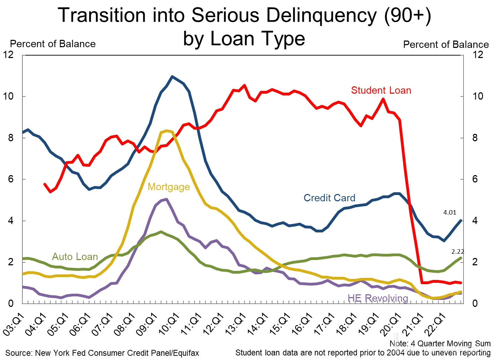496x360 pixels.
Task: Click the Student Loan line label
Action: (x=381, y=91)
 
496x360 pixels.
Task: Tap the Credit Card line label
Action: (x=329, y=198)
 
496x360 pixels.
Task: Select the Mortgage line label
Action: (x=169, y=187)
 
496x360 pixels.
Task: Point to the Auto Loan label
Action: (x=75, y=257)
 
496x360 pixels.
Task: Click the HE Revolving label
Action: (x=378, y=298)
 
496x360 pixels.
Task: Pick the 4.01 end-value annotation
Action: (x=450, y=213)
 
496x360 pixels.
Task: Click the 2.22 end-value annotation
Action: (x=458, y=252)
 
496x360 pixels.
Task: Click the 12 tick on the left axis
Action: (x=8, y=55)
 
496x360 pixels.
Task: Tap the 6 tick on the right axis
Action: (x=475, y=179)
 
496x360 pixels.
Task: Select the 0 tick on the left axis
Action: (x=10, y=304)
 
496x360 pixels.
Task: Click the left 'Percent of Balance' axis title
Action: (x=53, y=44)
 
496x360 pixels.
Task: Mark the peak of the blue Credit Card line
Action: (x=172, y=76)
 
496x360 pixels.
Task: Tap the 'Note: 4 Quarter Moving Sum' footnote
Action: (x=440, y=344)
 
